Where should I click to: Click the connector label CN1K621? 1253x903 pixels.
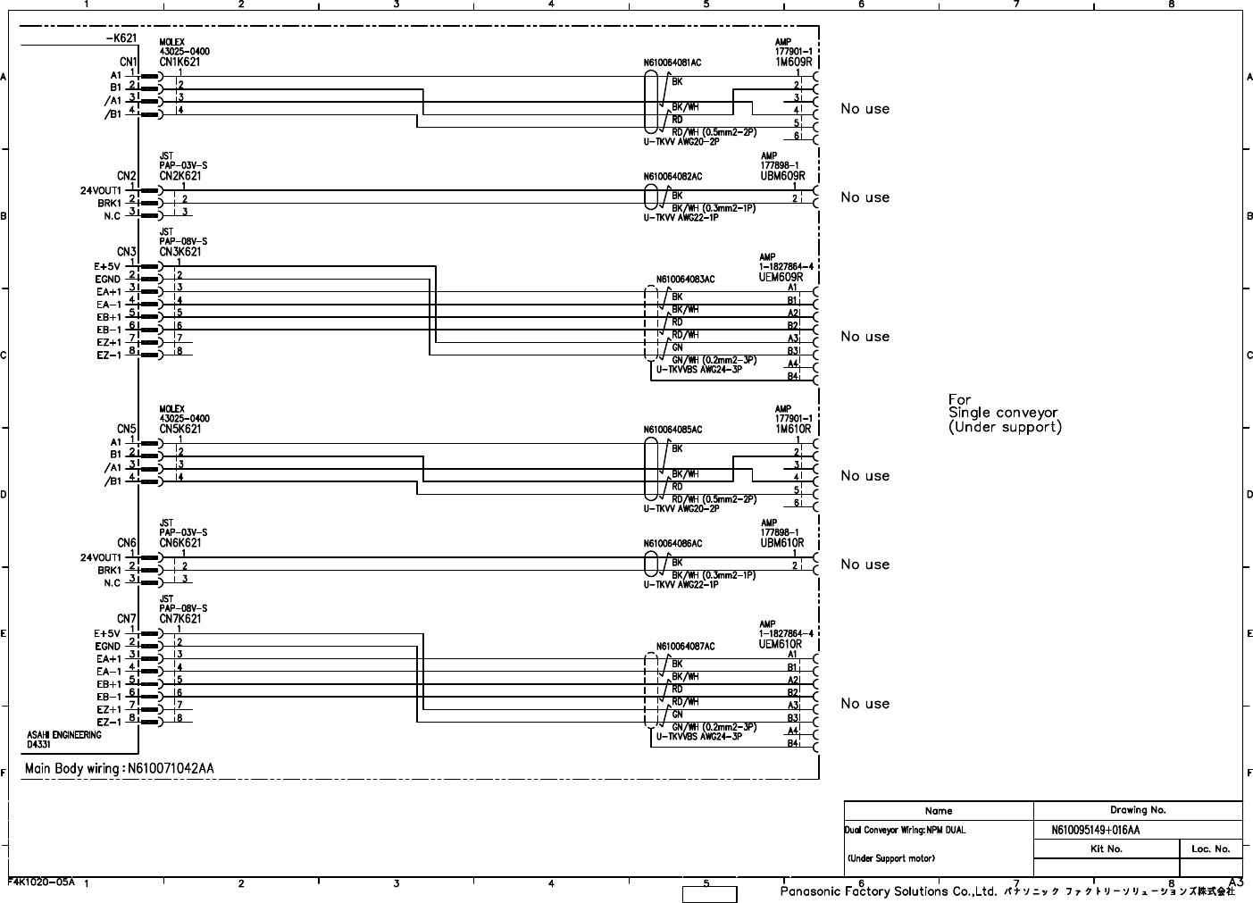180,63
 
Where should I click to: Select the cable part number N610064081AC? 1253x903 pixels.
672,63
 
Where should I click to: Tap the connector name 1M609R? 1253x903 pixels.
793,63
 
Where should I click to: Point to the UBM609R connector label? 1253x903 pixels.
782,176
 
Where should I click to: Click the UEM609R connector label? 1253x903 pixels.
781,277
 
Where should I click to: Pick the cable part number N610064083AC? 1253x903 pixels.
685,280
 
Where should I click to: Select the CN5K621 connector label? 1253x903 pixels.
180,430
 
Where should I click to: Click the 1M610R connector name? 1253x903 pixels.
793,430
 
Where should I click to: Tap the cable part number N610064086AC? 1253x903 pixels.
672,543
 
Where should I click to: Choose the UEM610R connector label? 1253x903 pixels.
781,644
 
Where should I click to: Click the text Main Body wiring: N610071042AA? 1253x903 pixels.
119,768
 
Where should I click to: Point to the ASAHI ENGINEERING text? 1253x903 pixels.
63,735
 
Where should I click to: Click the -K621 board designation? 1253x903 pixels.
121,38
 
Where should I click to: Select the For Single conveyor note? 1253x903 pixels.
1004,414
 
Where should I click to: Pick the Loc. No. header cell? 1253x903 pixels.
1210,849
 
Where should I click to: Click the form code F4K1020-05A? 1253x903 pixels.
42,882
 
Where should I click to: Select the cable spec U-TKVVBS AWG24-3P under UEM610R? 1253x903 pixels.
698,737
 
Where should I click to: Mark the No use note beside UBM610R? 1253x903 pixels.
865,564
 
